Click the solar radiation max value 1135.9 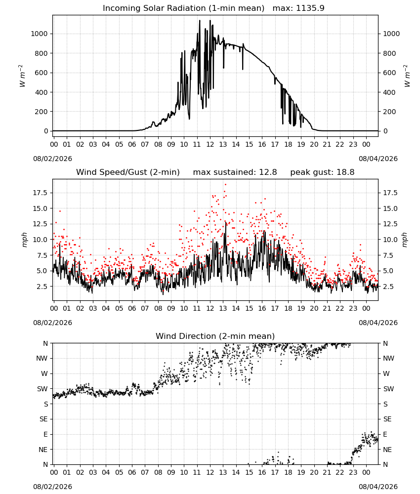(310, 8)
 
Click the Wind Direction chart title (215, 336)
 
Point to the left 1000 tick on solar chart (39, 34)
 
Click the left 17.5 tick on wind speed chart (41, 193)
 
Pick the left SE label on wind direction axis (43, 419)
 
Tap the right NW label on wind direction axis (388, 358)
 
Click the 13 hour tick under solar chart (223, 144)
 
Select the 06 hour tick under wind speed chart (132, 308)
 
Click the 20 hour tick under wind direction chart (314, 472)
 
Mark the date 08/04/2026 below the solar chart (378, 159)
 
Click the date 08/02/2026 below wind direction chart (52, 487)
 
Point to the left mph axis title (24, 240)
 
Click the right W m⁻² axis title (407, 76)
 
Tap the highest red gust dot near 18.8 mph (225, 185)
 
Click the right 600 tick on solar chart (389, 73)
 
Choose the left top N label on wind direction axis (45, 343)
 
